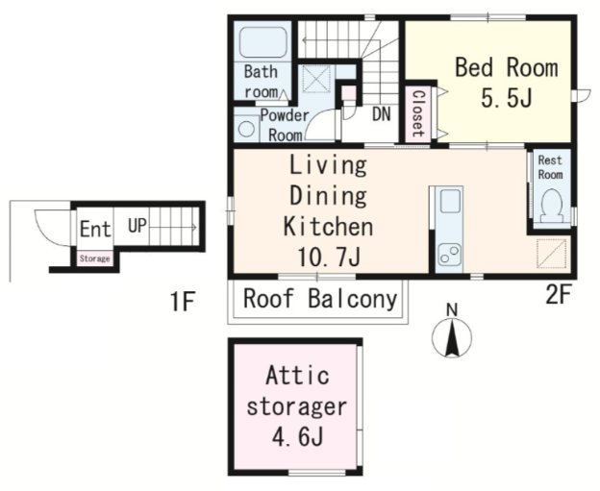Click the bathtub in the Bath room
262,41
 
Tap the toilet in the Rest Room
551,207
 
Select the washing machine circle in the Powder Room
245,129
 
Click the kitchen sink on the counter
449,201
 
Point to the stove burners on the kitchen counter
449,255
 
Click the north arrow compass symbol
452,331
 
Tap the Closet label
418,113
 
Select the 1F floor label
183,302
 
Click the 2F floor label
559,295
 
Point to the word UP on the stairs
137,226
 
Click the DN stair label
381,114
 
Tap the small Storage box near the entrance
95,258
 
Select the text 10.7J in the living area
329,257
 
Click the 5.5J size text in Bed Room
506,98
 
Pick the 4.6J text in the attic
297,436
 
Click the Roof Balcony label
320,299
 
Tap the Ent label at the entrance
95,229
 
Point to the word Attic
297,375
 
